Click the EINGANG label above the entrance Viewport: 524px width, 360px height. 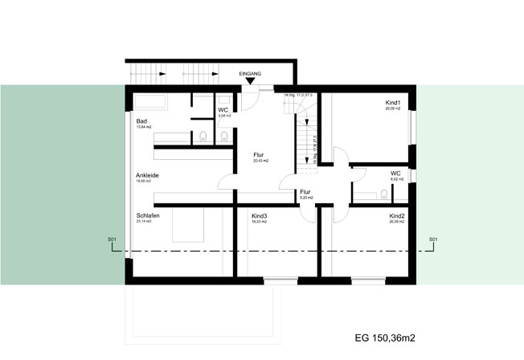tap(251, 72)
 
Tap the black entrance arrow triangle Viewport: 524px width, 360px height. tap(251, 80)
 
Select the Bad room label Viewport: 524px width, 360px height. tap(141, 121)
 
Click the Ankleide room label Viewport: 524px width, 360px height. tap(147, 174)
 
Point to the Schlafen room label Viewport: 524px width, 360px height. tap(147, 215)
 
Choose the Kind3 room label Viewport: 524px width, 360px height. tap(260, 215)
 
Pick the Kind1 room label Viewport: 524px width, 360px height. tap(393, 104)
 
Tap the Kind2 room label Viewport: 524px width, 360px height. tap(396, 216)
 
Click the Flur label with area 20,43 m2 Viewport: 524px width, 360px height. tap(259, 154)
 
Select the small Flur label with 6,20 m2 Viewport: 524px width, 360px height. tap(305, 192)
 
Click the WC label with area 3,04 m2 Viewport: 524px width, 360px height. tap(223, 110)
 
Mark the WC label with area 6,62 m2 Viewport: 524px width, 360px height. tap(395, 173)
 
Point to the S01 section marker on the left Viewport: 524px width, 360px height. tap(112, 239)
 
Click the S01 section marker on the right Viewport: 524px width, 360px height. tap(432, 239)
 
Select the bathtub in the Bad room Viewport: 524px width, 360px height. tap(150, 103)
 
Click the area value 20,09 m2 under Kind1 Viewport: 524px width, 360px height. tap(393, 110)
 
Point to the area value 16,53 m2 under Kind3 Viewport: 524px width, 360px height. tap(260, 221)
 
